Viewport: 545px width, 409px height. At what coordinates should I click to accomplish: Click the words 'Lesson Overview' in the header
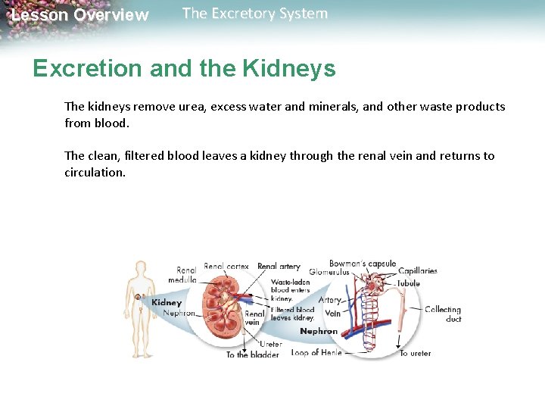pyautogui.click(x=80, y=15)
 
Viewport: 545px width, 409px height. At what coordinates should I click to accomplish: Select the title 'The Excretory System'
pyautogui.click(x=255, y=14)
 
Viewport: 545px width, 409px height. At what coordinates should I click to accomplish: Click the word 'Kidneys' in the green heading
pyautogui.click(x=289, y=69)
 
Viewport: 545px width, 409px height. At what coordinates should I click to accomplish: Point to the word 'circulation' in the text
pyautogui.click(x=94, y=172)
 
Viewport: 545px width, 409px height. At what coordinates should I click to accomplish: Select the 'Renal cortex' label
pyautogui.click(x=226, y=267)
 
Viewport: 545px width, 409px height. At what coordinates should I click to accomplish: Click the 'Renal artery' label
pyautogui.click(x=279, y=267)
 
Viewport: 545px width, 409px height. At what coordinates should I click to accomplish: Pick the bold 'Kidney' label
pyautogui.click(x=167, y=303)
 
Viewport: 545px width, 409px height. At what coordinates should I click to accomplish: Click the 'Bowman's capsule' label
pyautogui.click(x=362, y=264)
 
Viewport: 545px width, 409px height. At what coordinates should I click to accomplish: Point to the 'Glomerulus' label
pyautogui.click(x=329, y=272)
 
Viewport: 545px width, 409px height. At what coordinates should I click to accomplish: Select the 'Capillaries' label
pyautogui.click(x=418, y=271)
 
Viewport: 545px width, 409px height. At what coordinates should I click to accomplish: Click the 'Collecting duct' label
pyautogui.click(x=443, y=314)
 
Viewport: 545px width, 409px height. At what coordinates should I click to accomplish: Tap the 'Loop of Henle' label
pyautogui.click(x=316, y=353)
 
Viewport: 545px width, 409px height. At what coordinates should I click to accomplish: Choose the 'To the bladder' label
pyautogui.click(x=253, y=354)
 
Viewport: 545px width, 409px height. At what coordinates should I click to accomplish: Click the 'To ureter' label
pyautogui.click(x=416, y=354)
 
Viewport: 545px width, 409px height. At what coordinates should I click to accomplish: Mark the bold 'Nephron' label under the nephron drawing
pyautogui.click(x=319, y=331)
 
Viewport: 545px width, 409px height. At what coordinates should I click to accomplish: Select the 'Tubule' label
pyautogui.click(x=409, y=283)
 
